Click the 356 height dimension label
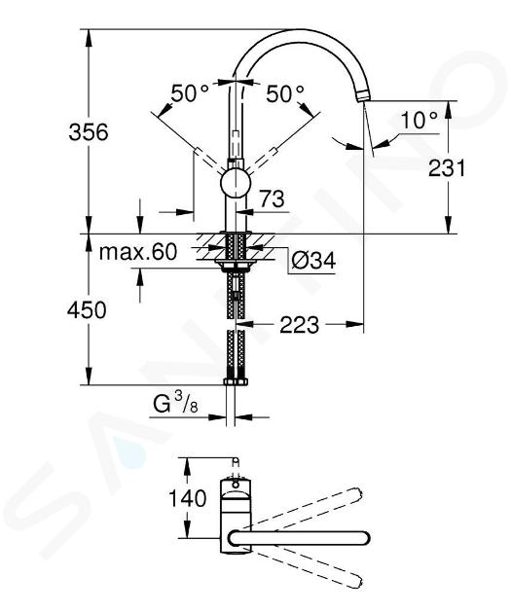tap(88, 132)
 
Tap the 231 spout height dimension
tap(447, 168)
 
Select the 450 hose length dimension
tap(87, 310)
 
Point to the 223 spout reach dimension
tap(299, 325)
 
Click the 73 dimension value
tap(273, 199)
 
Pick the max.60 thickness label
tap(138, 252)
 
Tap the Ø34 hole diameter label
tap(313, 261)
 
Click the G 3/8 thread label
tap(175, 403)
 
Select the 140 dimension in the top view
tap(187, 498)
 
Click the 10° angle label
tap(420, 120)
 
